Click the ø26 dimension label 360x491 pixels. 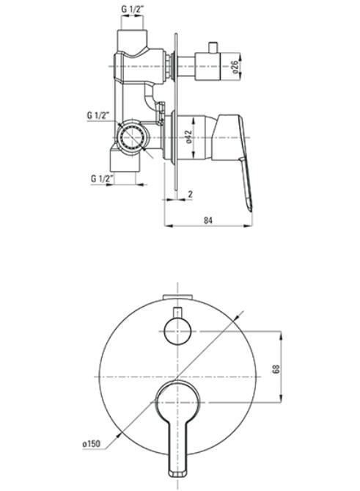tap(235, 67)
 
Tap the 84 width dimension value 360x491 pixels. tap(208, 220)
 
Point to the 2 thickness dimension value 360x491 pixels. tap(190, 194)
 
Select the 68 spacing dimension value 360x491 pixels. tap(276, 368)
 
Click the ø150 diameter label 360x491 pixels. tap(92, 444)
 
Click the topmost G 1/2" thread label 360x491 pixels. tap(132, 10)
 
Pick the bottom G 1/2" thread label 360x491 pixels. tap(102, 179)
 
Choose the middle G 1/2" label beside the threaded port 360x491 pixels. tap(98, 115)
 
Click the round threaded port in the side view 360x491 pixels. tap(132, 137)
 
